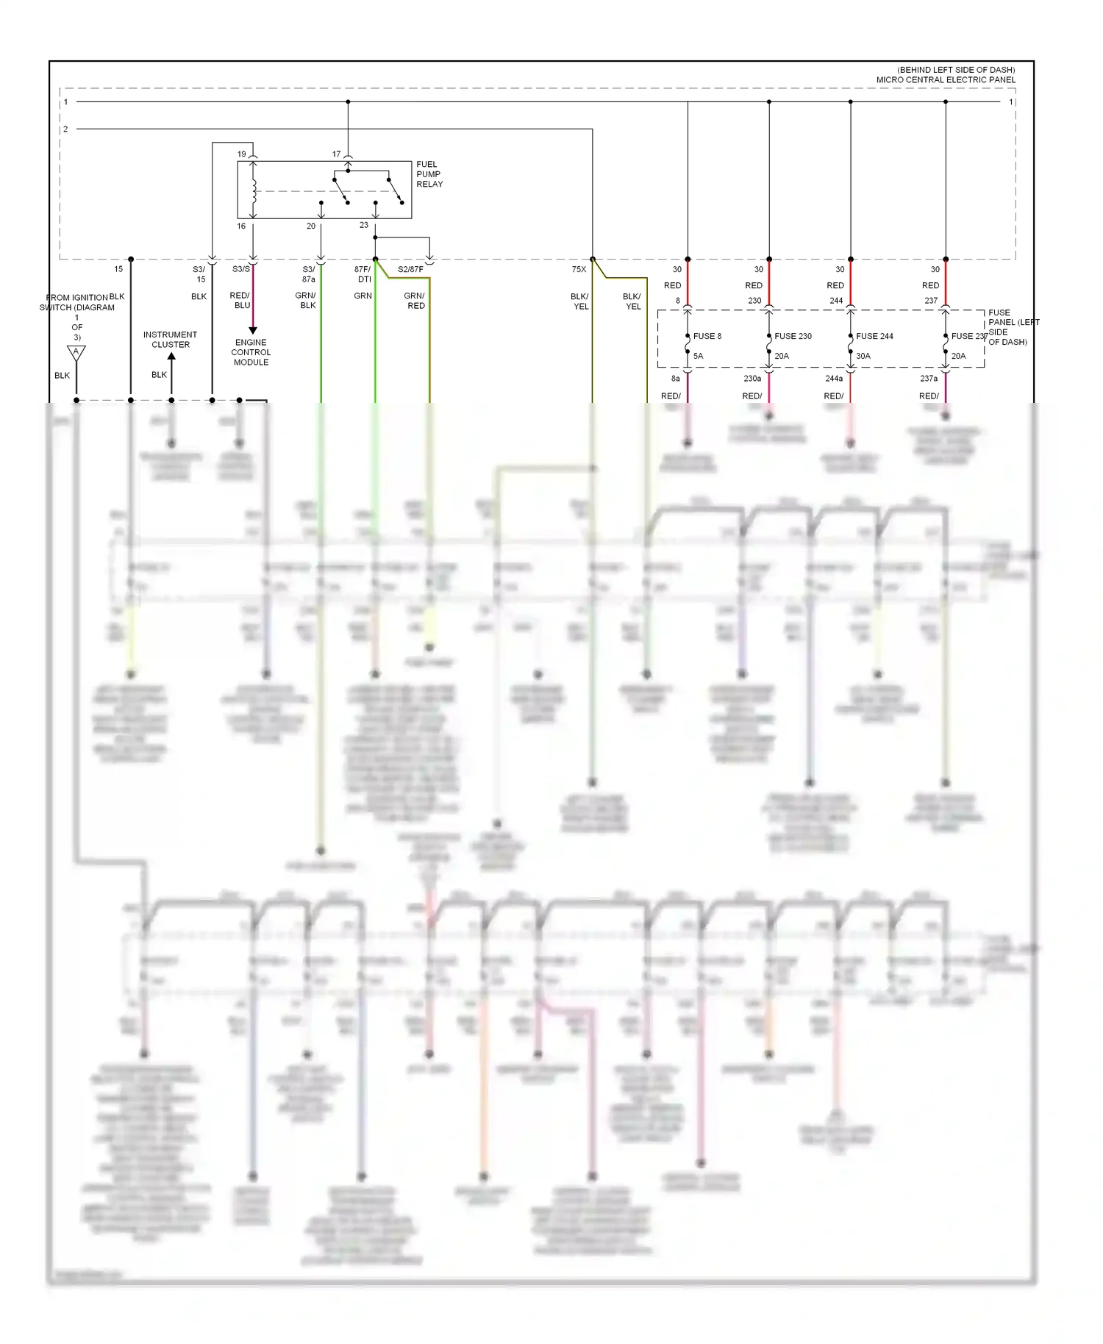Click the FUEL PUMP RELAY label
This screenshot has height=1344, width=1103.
point(429,174)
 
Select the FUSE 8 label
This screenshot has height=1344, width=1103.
point(707,336)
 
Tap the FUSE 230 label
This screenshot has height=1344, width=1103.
point(793,336)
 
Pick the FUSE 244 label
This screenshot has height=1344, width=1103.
point(874,336)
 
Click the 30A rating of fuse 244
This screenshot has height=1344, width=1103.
point(863,356)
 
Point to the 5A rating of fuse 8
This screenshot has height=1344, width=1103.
point(698,356)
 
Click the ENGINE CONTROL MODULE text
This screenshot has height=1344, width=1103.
point(251,352)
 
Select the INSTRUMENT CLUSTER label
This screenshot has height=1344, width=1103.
point(170,340)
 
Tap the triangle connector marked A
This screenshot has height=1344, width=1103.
point(76,353)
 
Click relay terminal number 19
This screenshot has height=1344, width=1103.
point(241,154)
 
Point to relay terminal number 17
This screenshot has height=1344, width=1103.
point(336,154)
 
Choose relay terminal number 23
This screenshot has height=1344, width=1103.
point(364,225)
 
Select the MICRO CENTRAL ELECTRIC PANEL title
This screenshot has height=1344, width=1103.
point(945,79)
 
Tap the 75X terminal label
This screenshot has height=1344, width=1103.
point(579,269)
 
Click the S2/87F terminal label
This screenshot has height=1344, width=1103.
point(410,269)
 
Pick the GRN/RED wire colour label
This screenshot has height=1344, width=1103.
point(415,301)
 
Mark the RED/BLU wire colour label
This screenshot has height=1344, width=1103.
point(240,300)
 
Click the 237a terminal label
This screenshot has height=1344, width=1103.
point(929,379)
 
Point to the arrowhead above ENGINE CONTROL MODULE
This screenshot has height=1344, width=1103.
point(253,330)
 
